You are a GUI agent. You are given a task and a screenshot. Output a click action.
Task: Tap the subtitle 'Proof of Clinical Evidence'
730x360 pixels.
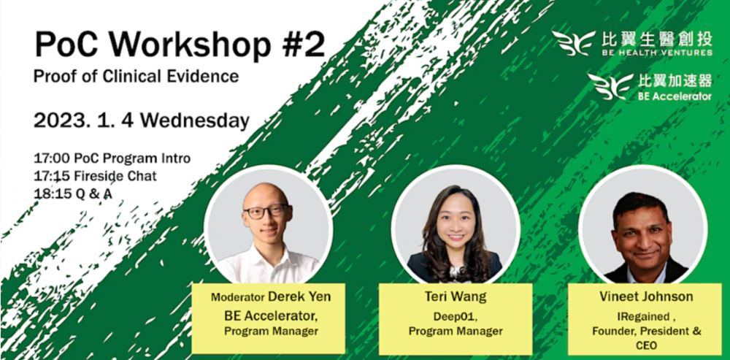[136, 76]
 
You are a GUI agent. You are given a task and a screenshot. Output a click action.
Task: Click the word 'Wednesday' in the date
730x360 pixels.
[195, 121]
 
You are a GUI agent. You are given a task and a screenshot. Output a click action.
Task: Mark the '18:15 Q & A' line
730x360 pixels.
[72, 194]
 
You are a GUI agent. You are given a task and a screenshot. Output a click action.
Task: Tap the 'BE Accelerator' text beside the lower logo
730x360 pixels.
[675, 96]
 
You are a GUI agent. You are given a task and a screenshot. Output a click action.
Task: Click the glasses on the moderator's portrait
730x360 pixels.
[266, 212]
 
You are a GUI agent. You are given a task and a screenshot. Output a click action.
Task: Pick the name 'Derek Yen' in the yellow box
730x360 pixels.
[299, 297]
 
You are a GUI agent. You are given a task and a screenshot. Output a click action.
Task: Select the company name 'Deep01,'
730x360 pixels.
[455, 316]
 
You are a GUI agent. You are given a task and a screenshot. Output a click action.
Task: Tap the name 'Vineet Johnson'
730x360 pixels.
[646, 296]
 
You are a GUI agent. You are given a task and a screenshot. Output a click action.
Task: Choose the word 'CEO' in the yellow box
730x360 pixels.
[646, 345]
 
